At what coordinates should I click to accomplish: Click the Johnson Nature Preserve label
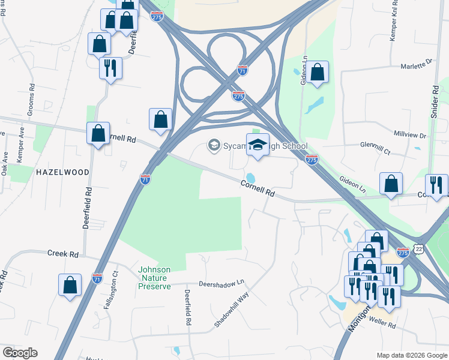[x=155, y=278]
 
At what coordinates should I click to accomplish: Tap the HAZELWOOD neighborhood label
[x=62, y=172]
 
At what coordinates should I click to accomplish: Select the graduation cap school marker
[x=258, y=145]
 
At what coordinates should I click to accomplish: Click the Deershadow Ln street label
[x=222, y=282]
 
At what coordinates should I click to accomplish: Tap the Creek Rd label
[x=64, y=254]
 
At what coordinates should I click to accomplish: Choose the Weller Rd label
[x=384, y=325]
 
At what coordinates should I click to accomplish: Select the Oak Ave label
[x=4, y=163]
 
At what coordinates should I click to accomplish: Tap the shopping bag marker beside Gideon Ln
[x=319, y=72]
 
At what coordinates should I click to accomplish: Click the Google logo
[x=20, y=353]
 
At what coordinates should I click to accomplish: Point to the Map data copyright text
[x=411, y=355]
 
